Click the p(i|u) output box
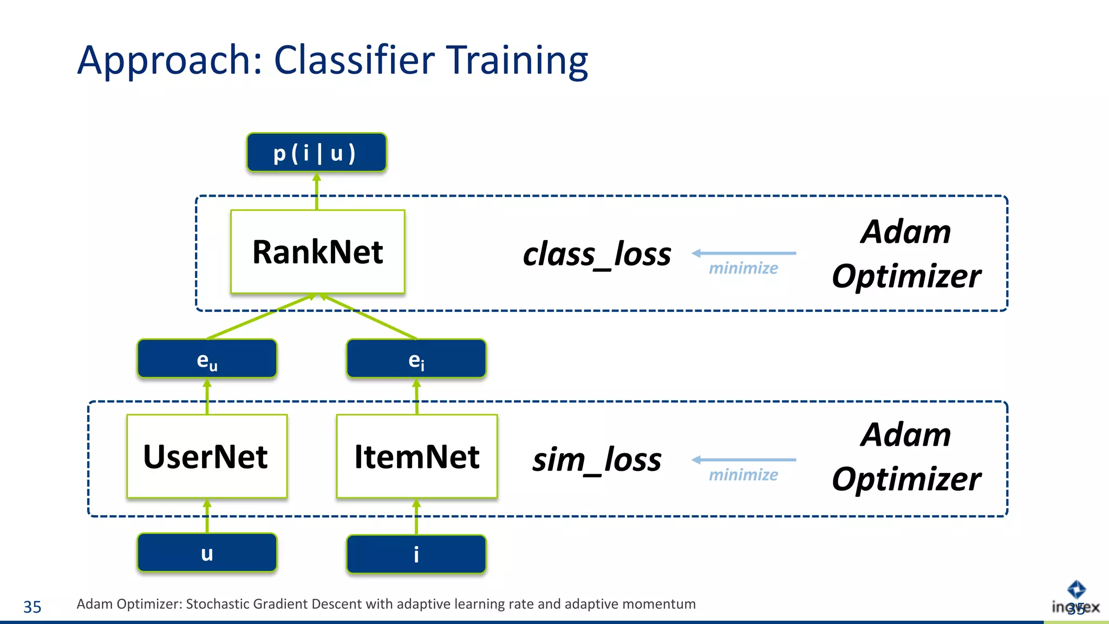click(316, 153)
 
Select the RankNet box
click(317, 252)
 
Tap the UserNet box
click(206, 456)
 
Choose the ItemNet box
click(416, 456)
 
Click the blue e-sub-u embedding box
click(207, 359)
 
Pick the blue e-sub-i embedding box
click(416, 359)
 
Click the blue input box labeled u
click(207, 553)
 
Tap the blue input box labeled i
click(416, 554)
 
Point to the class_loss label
click(596, 254)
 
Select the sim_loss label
click(596, 460)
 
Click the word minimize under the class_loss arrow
click(743, 268)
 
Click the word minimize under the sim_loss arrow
click(743, 475)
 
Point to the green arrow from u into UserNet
click(207, 516)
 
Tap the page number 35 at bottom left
click(32, 607)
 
